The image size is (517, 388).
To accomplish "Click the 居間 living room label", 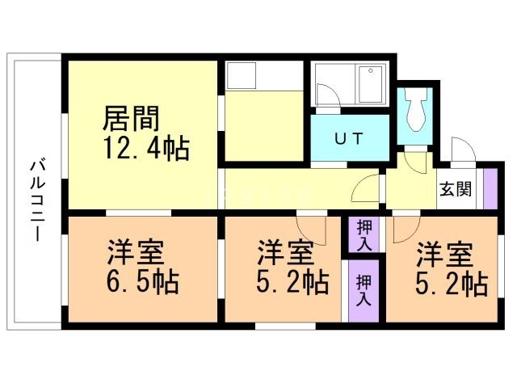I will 129,119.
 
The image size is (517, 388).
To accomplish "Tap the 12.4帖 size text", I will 145,148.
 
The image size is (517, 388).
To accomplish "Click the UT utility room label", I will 350,137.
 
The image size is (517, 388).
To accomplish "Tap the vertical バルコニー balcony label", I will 36,199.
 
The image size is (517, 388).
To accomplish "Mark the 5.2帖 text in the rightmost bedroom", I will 451,284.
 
